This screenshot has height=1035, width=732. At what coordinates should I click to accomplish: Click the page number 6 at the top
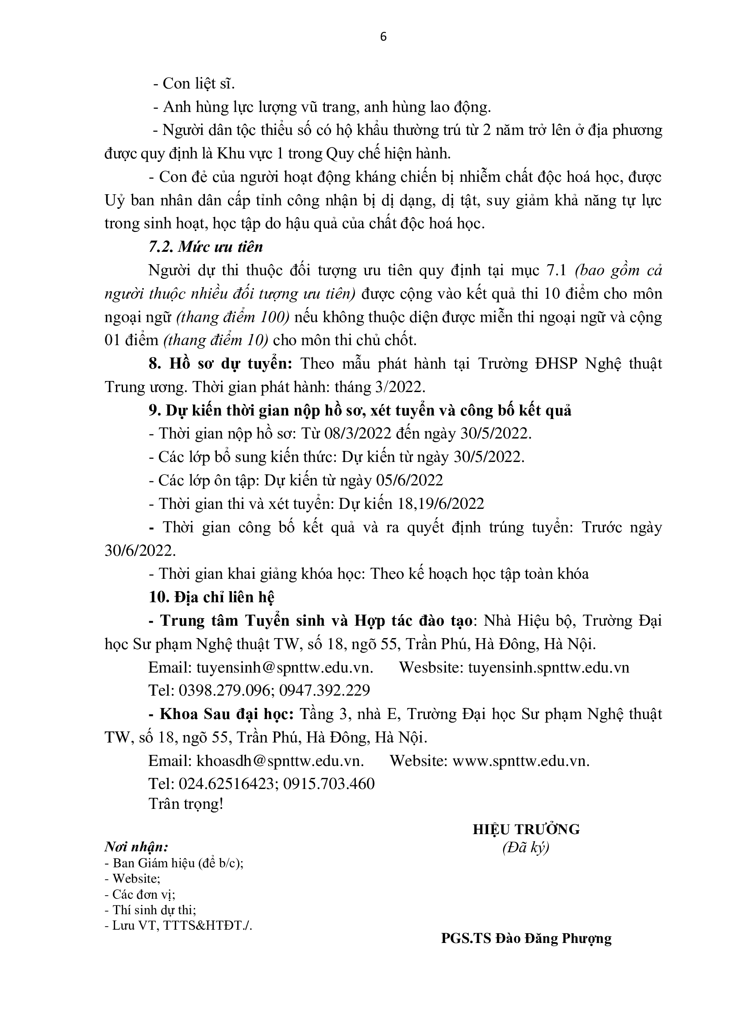[x=384, y=37]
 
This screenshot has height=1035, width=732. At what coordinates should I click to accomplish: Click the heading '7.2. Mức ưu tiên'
[x=205, y=247]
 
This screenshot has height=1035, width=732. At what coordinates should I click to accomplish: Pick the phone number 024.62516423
[x=226, y=784]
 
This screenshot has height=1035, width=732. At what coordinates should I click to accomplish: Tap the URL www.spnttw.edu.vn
[x=520, y=761]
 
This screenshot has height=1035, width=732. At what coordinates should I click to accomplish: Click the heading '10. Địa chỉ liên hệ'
[x=212, y=597]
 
